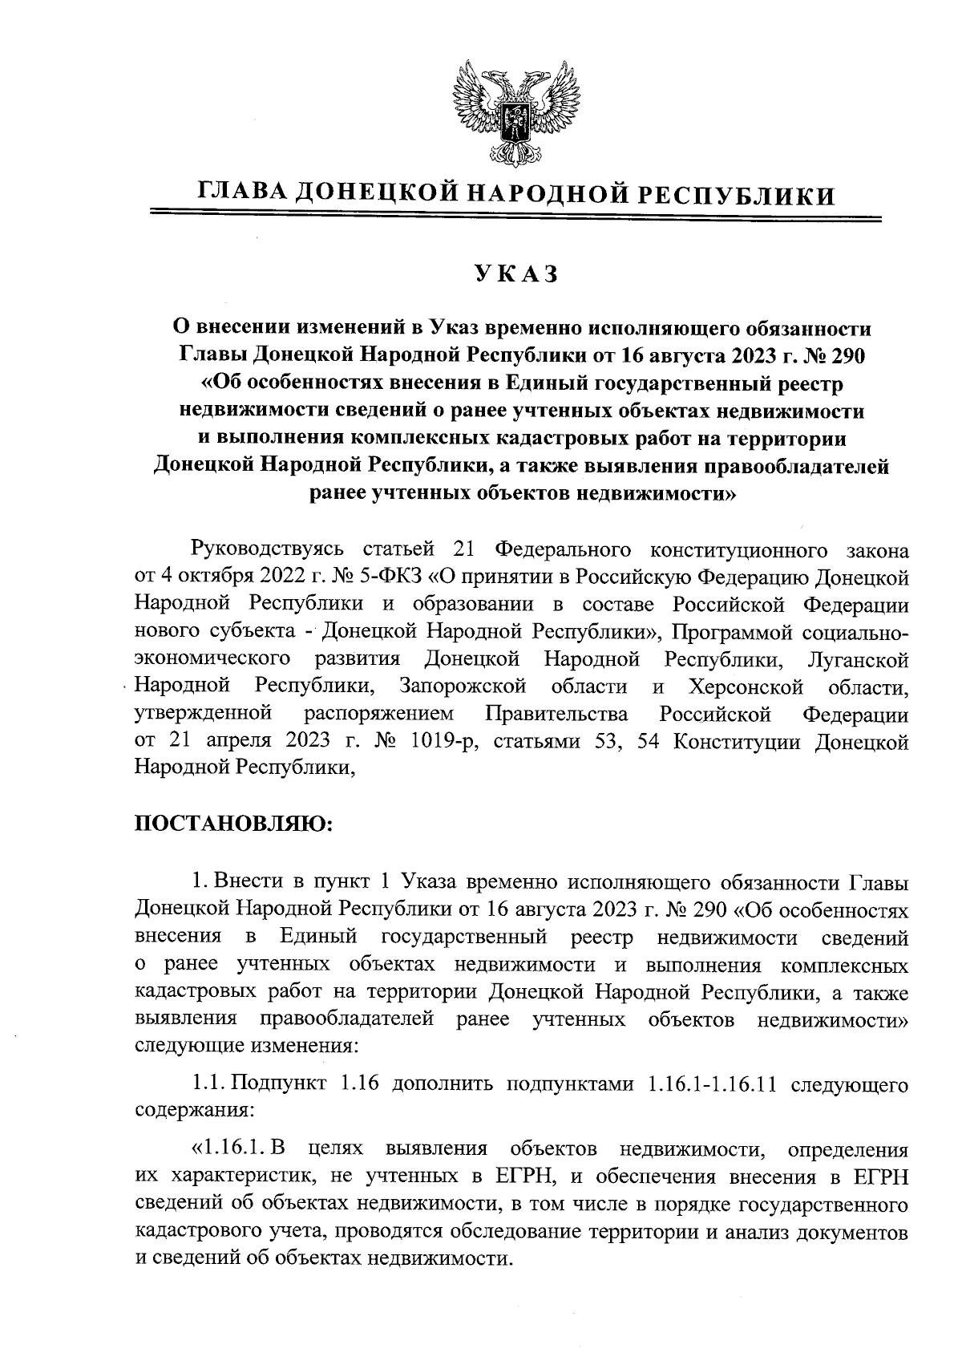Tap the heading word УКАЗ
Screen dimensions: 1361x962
coord(515,273)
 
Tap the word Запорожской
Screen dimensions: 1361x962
coord(463,687)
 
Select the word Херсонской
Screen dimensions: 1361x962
coord(746,687)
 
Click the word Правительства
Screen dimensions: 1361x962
coord(556,714)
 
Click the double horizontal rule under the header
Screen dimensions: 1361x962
coord(515,215)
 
